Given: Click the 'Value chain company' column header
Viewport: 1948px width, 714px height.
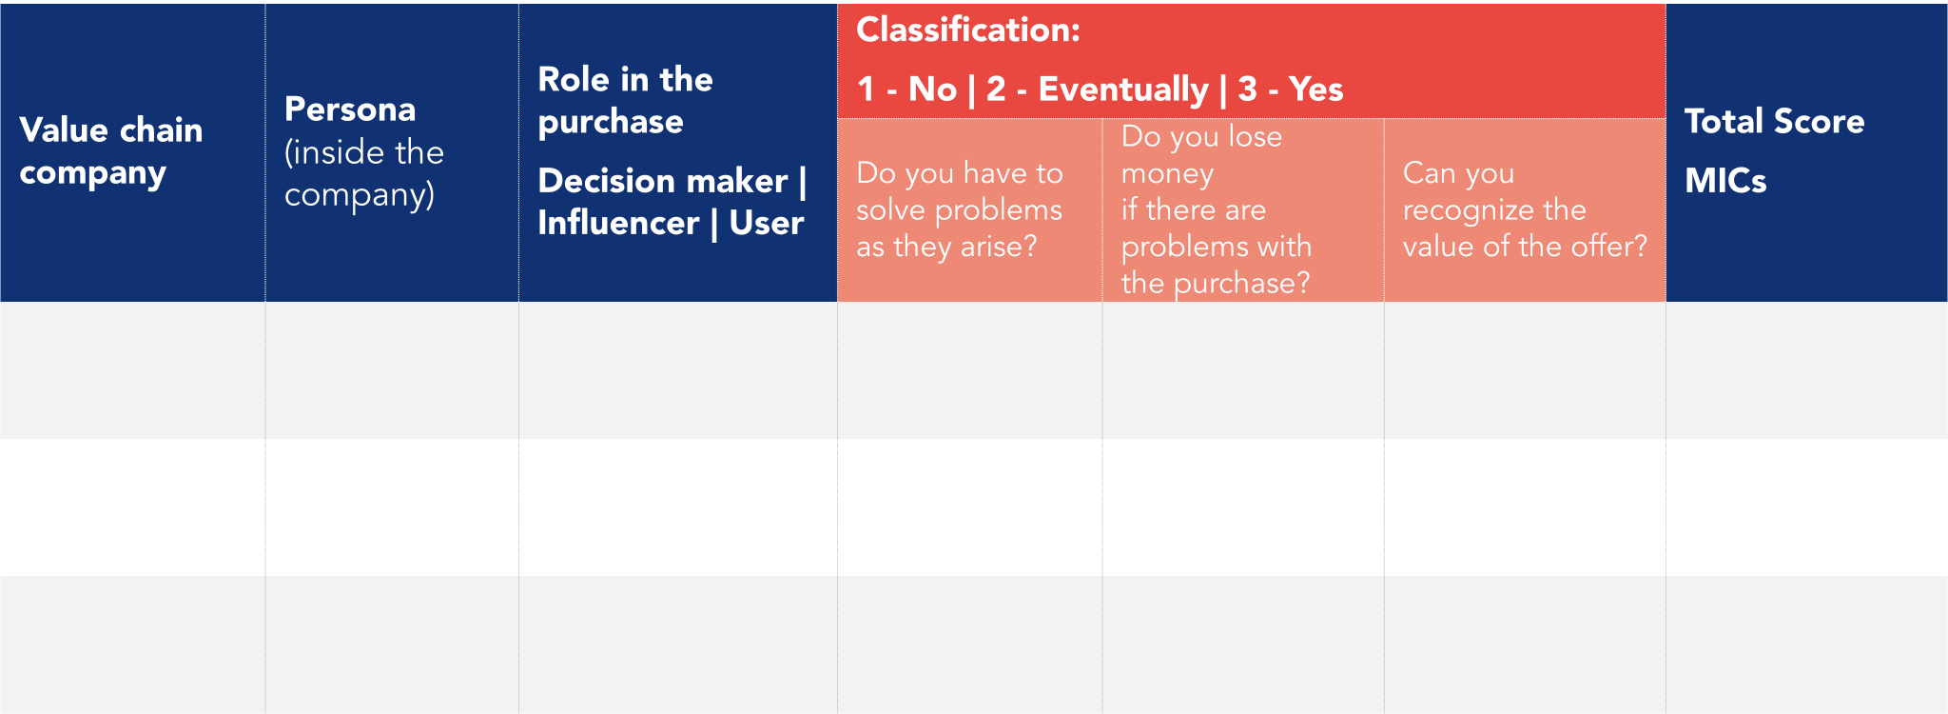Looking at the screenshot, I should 111,150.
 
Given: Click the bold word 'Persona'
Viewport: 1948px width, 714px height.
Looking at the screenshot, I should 350,109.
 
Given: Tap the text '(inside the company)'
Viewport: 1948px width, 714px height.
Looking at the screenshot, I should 363,173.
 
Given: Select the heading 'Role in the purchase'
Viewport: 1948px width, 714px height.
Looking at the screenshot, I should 625,100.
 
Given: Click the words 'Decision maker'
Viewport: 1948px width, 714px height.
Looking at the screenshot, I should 662,181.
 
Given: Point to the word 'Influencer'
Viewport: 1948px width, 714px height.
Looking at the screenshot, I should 618,223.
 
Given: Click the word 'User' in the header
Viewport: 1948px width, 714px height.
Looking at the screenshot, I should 767,223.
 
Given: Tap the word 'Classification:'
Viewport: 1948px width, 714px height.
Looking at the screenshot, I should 968,30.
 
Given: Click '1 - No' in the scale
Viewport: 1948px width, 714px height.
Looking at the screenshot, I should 906,89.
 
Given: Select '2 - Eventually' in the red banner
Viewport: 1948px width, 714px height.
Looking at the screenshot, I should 1097,89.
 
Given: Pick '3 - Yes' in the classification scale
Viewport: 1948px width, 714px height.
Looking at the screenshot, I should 1291,89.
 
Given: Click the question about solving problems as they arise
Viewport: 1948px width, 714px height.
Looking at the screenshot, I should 959,209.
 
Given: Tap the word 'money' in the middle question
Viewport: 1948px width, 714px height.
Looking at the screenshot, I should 1167,173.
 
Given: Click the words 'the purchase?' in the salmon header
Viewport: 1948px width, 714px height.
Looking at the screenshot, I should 1215,283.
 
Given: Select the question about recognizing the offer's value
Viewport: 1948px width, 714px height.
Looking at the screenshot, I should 1524,209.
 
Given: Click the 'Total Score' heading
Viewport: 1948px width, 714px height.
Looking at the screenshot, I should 1774,122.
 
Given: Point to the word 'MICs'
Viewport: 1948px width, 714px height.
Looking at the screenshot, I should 1725,181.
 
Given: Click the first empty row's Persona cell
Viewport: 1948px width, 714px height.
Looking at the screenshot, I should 392,370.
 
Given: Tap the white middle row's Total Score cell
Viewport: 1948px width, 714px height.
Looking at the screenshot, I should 1806,506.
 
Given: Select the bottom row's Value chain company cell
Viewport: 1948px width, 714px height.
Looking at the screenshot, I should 132,645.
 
